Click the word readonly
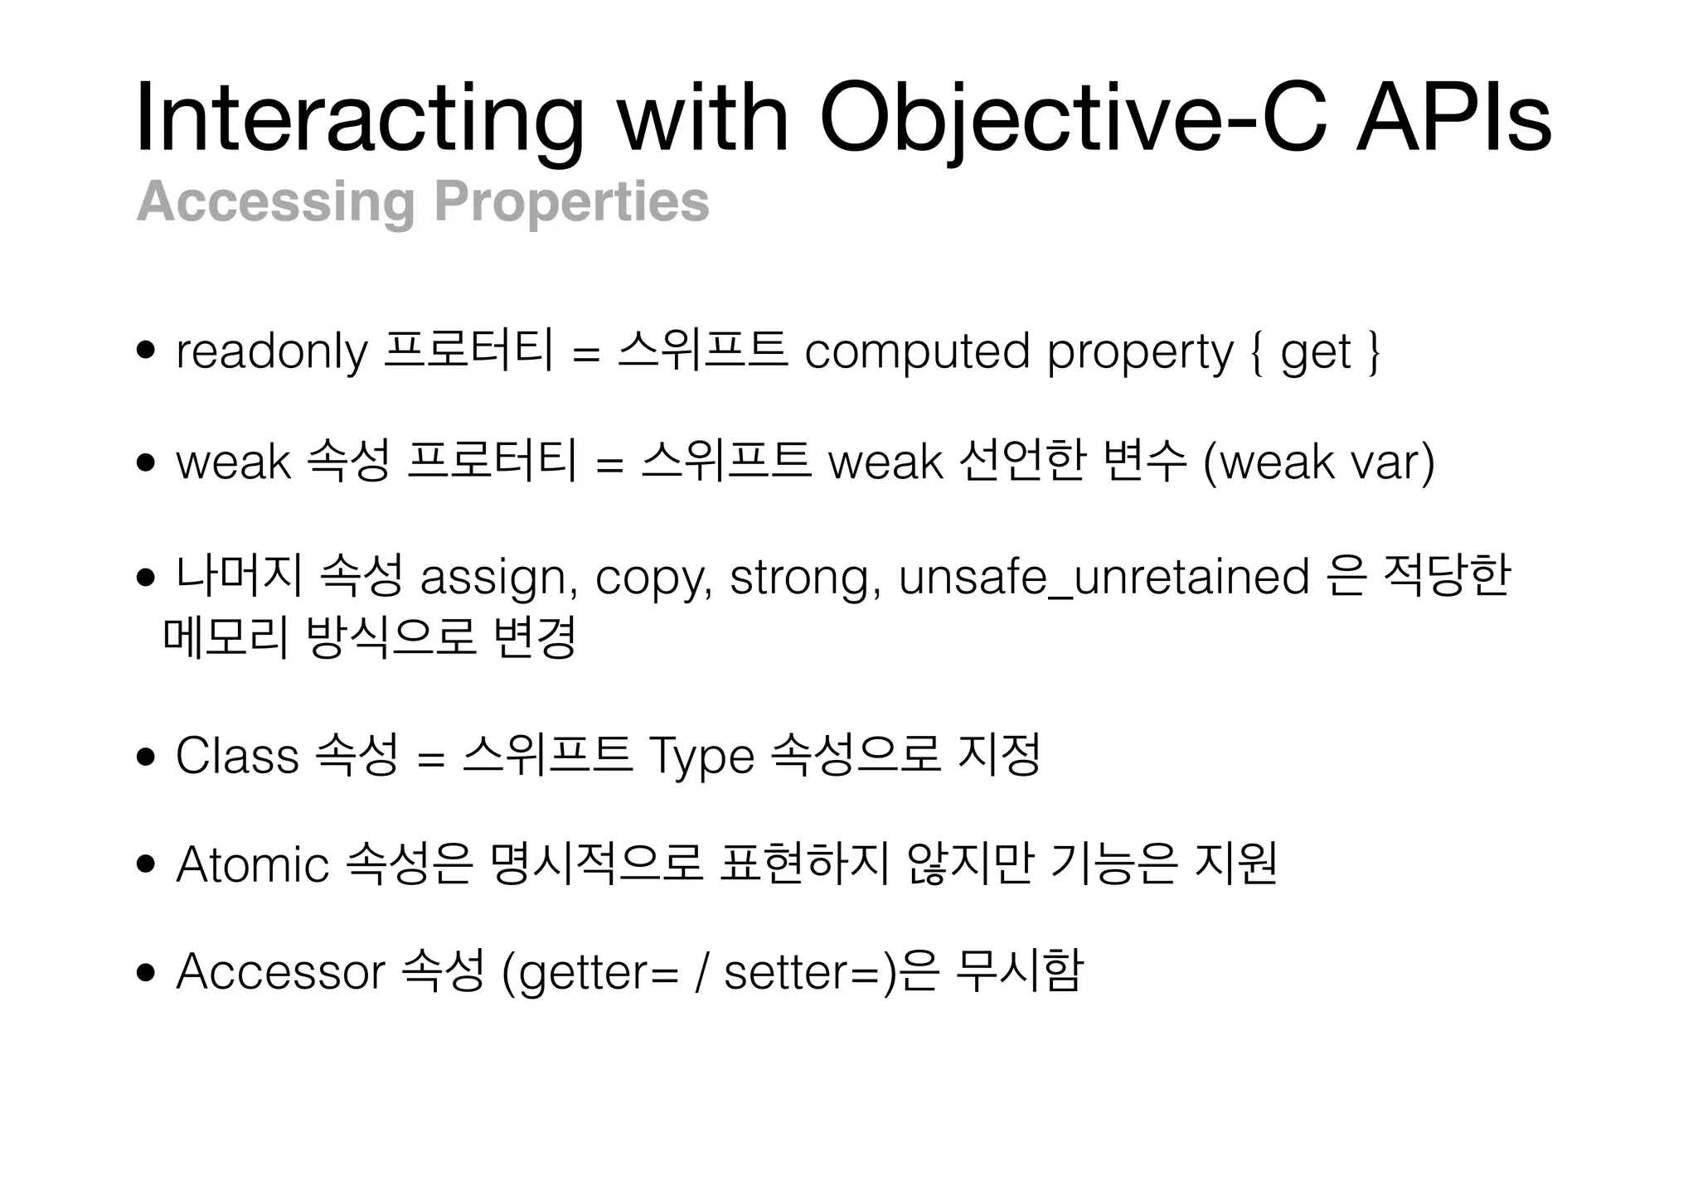tap(272, 351)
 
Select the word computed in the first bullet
tap(917, 351)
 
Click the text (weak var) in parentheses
tap(1318, 462)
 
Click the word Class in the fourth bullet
tap(237, 756)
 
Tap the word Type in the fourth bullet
tap(701, 756)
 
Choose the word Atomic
tap(252, 865)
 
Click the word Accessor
tap(280, 971)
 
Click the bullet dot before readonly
tap(147, 351)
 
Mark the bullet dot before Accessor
tap(147, 972)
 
